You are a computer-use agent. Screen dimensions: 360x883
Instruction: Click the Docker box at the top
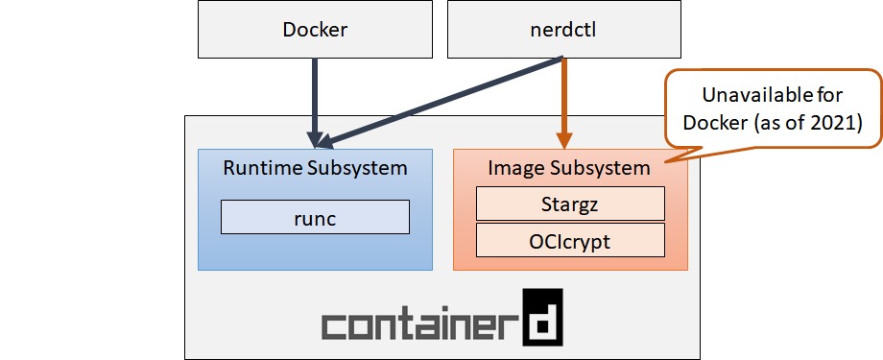pyautogui.click(x=315, y=29)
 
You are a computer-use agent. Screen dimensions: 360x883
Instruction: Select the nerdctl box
pyautogui.click(x=561, y=29)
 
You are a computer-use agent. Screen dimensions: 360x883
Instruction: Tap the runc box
pyautogui.click(x=315, y=217)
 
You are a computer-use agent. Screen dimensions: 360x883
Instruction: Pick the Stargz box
pyautogui.click(x=570, y=204)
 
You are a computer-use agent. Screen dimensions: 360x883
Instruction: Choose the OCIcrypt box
pyautogui.click(x=570, y=240)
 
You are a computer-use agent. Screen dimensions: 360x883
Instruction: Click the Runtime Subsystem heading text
pyautogui.click(x=315, y=168)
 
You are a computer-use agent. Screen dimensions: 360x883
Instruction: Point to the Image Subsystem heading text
pyautogui.click(x=570, y=168)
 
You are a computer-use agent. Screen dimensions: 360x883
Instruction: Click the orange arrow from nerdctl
pyautogui.click(x=562, y=96)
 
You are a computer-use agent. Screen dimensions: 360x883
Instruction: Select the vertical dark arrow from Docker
pyautogui.click(x=315, y=96)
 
